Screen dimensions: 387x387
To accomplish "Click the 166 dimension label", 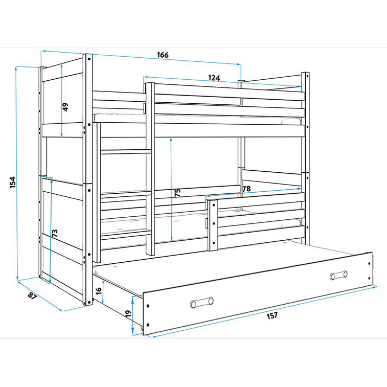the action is coord(163,55).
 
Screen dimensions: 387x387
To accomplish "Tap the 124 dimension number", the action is coord(214,78).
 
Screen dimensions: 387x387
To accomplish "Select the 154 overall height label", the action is coord(13,183).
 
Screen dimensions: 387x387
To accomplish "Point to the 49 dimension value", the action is coord(65,107).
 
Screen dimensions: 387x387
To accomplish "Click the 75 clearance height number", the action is coord(178,193).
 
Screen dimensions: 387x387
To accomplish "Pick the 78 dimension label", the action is coord(246,189).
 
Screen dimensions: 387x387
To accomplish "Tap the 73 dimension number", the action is coord(55,233).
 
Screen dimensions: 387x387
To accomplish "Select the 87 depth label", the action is coord(32,295).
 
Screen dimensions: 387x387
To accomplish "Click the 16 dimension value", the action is coord(99,291).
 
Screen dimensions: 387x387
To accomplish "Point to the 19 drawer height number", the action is coord(128,314).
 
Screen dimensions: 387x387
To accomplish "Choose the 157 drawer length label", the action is coord(272,315).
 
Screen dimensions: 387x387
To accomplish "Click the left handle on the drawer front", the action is coord(201,302).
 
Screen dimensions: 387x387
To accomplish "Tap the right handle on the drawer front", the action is coord(338,275).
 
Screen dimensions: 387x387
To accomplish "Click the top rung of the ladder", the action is coord(126,151).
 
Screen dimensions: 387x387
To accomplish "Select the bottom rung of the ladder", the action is coord(126,234).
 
